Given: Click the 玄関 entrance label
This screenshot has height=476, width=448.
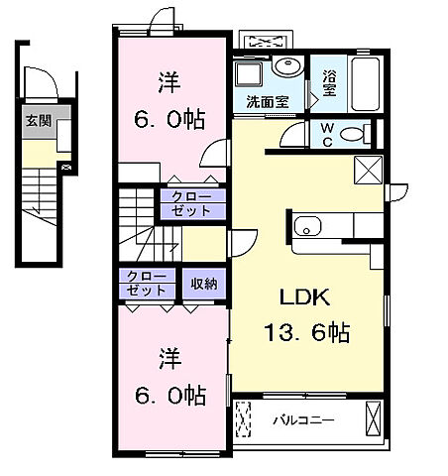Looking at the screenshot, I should [x=37, y=124].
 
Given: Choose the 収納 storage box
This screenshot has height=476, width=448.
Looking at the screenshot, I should [x=205, y=283].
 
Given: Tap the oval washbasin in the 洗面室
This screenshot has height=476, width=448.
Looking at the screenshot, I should [x=288, y=68].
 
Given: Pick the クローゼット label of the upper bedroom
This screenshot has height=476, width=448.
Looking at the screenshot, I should [x=193, y=202].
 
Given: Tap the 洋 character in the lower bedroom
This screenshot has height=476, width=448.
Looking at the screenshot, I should [x=167, y=355].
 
